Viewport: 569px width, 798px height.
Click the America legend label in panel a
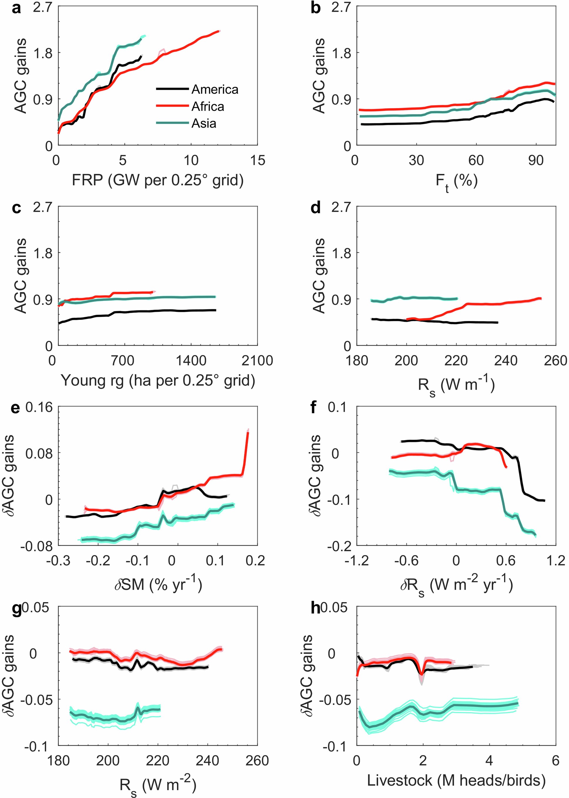[215, 89]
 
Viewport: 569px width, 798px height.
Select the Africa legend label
[207, 106]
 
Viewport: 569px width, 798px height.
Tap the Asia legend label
[204, 123]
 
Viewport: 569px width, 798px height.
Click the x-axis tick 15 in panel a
[257, 160]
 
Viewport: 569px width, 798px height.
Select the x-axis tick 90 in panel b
[536, 160]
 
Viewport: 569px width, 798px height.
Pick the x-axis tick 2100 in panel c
[257, 360]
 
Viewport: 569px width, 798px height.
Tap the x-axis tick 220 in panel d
[456, 360]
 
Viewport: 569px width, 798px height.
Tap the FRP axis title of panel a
[158, 180]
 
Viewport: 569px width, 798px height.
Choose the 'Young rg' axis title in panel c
[158, 380]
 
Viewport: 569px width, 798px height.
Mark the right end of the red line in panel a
[219, 31]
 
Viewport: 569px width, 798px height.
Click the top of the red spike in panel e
[248, 432]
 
